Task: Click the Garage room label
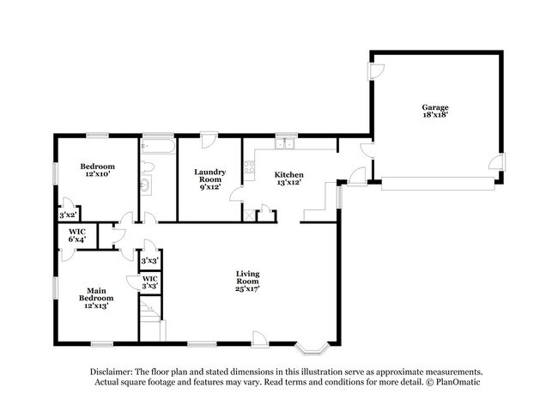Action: coord(435,110)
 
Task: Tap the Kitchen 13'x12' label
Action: coord(288,179)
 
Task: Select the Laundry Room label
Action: coord(209,179)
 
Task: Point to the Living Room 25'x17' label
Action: coord(248,281)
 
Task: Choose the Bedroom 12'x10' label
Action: coord(97,169)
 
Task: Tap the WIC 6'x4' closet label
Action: coord(76,235)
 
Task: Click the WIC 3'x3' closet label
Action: coord(149,282)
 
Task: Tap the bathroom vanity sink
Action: coord(145,184)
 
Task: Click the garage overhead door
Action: coord(438,183)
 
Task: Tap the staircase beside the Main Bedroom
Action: coord(149,329)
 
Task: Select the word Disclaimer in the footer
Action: coord(117,371)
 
